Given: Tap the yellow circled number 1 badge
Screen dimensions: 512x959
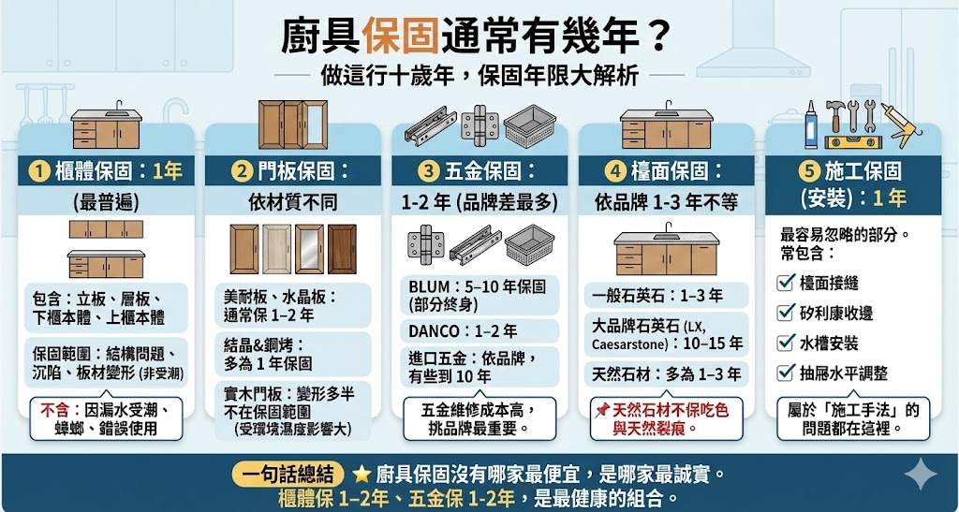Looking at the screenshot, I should [40, 171].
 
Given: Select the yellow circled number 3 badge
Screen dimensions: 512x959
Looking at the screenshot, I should [429, 171].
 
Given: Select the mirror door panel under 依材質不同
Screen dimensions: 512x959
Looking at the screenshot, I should [308, 249].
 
